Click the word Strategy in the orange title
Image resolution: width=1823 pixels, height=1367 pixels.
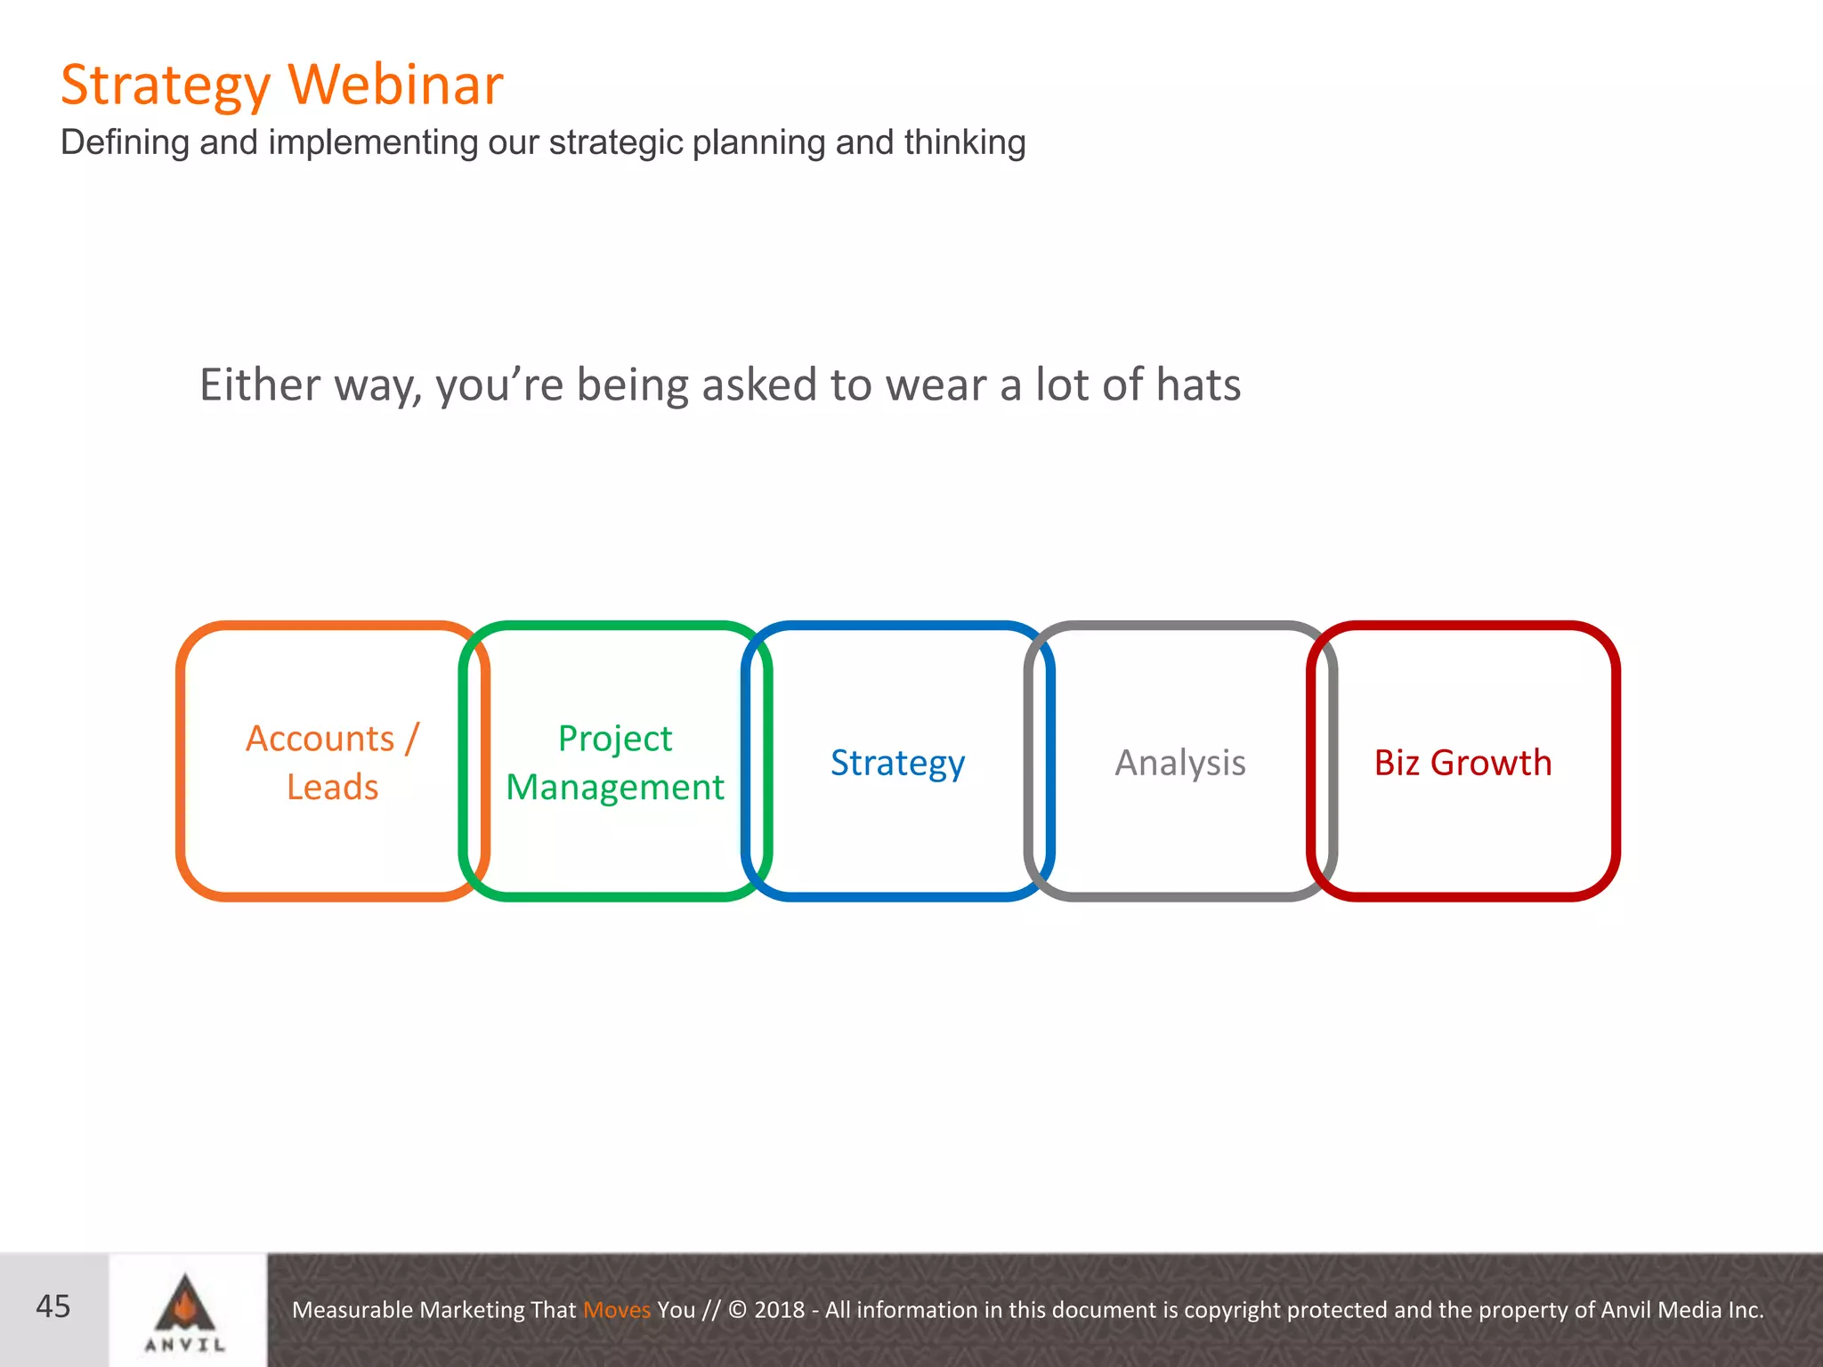[x=165, y=86]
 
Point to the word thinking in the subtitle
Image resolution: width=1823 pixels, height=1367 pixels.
[x=965, y=142]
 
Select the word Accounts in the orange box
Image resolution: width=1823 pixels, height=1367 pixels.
[x=320, y=739]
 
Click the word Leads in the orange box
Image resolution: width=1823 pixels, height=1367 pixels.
[x=332, y=788]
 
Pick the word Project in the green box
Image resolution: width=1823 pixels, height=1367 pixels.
[x=614, y=739]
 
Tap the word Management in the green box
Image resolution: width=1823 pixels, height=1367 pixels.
[x=614, y=788]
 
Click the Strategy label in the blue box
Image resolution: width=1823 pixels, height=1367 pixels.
[x=897, y=764]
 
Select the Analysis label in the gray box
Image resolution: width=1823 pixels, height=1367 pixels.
[x=1179, y=763]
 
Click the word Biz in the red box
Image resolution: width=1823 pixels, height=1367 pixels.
[x=1396, y=763]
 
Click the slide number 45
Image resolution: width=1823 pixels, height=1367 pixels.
[x=53, y=1306]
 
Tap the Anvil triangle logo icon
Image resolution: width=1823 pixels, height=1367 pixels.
[x=185, y=1304]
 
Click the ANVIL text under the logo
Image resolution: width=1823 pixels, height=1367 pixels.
[x=185, y=1345]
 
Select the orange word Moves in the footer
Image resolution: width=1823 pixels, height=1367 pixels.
[x=616, y=1310]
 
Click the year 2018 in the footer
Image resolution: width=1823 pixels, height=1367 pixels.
[x=779, y=1310]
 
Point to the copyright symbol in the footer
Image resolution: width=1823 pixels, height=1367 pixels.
[x=737, y=1310]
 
